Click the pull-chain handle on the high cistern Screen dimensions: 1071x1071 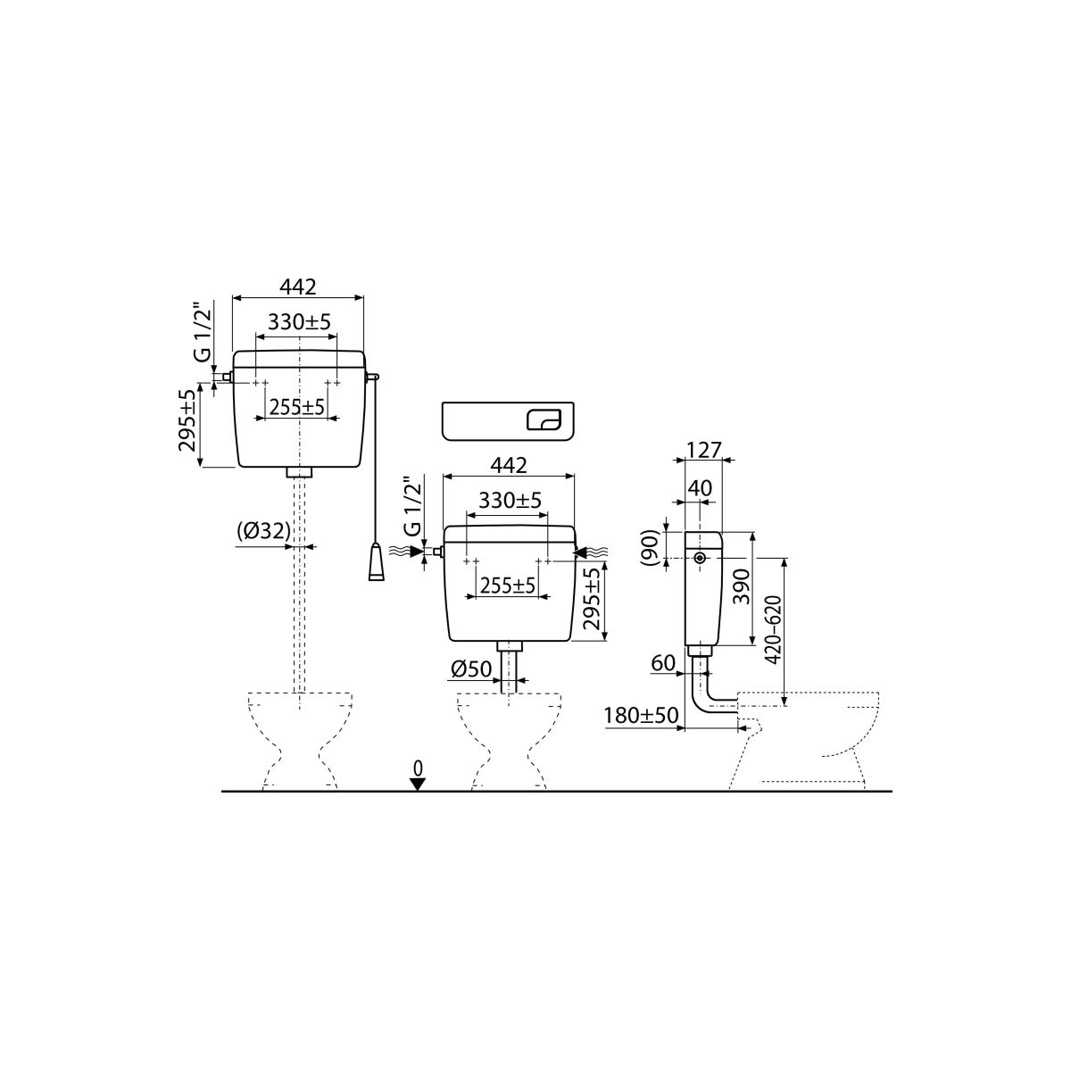pos(377,562)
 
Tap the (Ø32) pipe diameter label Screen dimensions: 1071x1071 pos(263,532)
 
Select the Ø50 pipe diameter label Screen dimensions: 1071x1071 pos(471,669)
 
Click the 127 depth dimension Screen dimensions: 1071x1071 pos(704,450)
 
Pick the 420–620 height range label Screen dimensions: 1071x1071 pos(773,630)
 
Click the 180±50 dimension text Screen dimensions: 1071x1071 pos(641,716)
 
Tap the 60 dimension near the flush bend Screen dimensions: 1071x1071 pos(662,663)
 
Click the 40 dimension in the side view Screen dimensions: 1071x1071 pos(700,488)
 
